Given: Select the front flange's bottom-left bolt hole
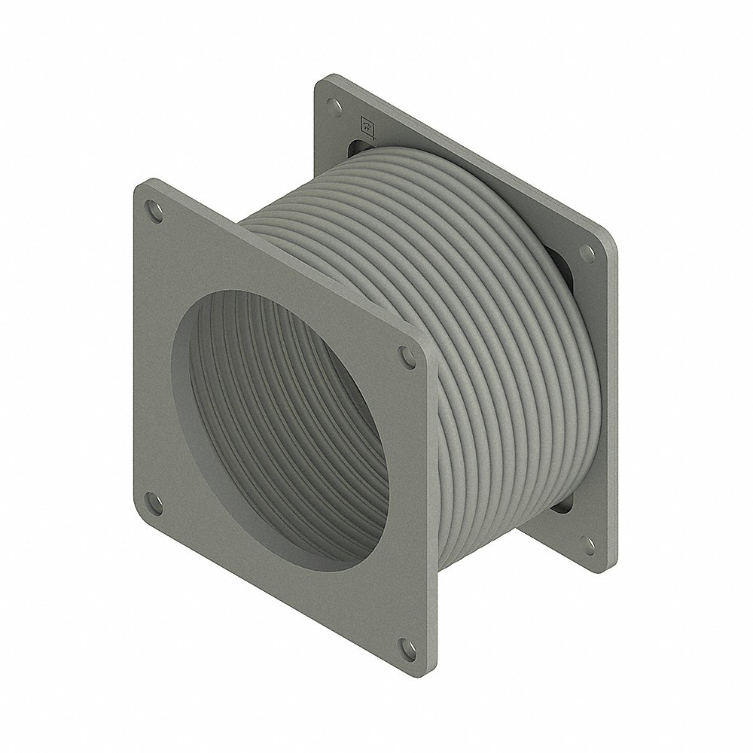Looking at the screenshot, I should pos(154,500).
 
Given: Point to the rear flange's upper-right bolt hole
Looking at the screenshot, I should pos(584,255).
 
